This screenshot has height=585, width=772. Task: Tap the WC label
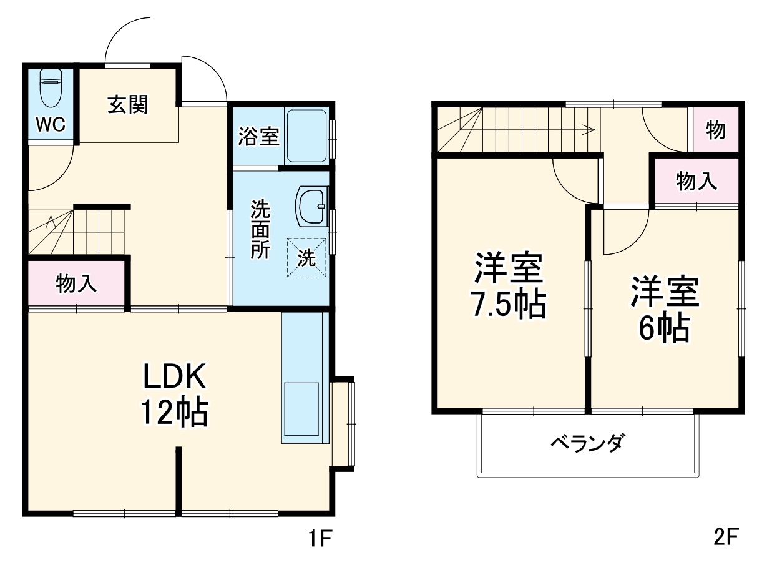50,125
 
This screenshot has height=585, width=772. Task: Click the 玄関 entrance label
129,104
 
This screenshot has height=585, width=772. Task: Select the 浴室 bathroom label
258,137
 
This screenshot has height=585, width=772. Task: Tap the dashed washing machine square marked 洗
306,258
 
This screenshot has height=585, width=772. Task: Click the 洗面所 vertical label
260,229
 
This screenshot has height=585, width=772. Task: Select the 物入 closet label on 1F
76,284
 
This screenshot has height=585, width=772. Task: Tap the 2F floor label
725,537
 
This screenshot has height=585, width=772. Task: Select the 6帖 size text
663,328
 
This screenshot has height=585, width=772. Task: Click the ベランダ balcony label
587,443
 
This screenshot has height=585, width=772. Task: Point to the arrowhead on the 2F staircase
588,130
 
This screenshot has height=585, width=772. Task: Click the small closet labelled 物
715,130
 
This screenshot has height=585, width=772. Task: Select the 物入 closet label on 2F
696,182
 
